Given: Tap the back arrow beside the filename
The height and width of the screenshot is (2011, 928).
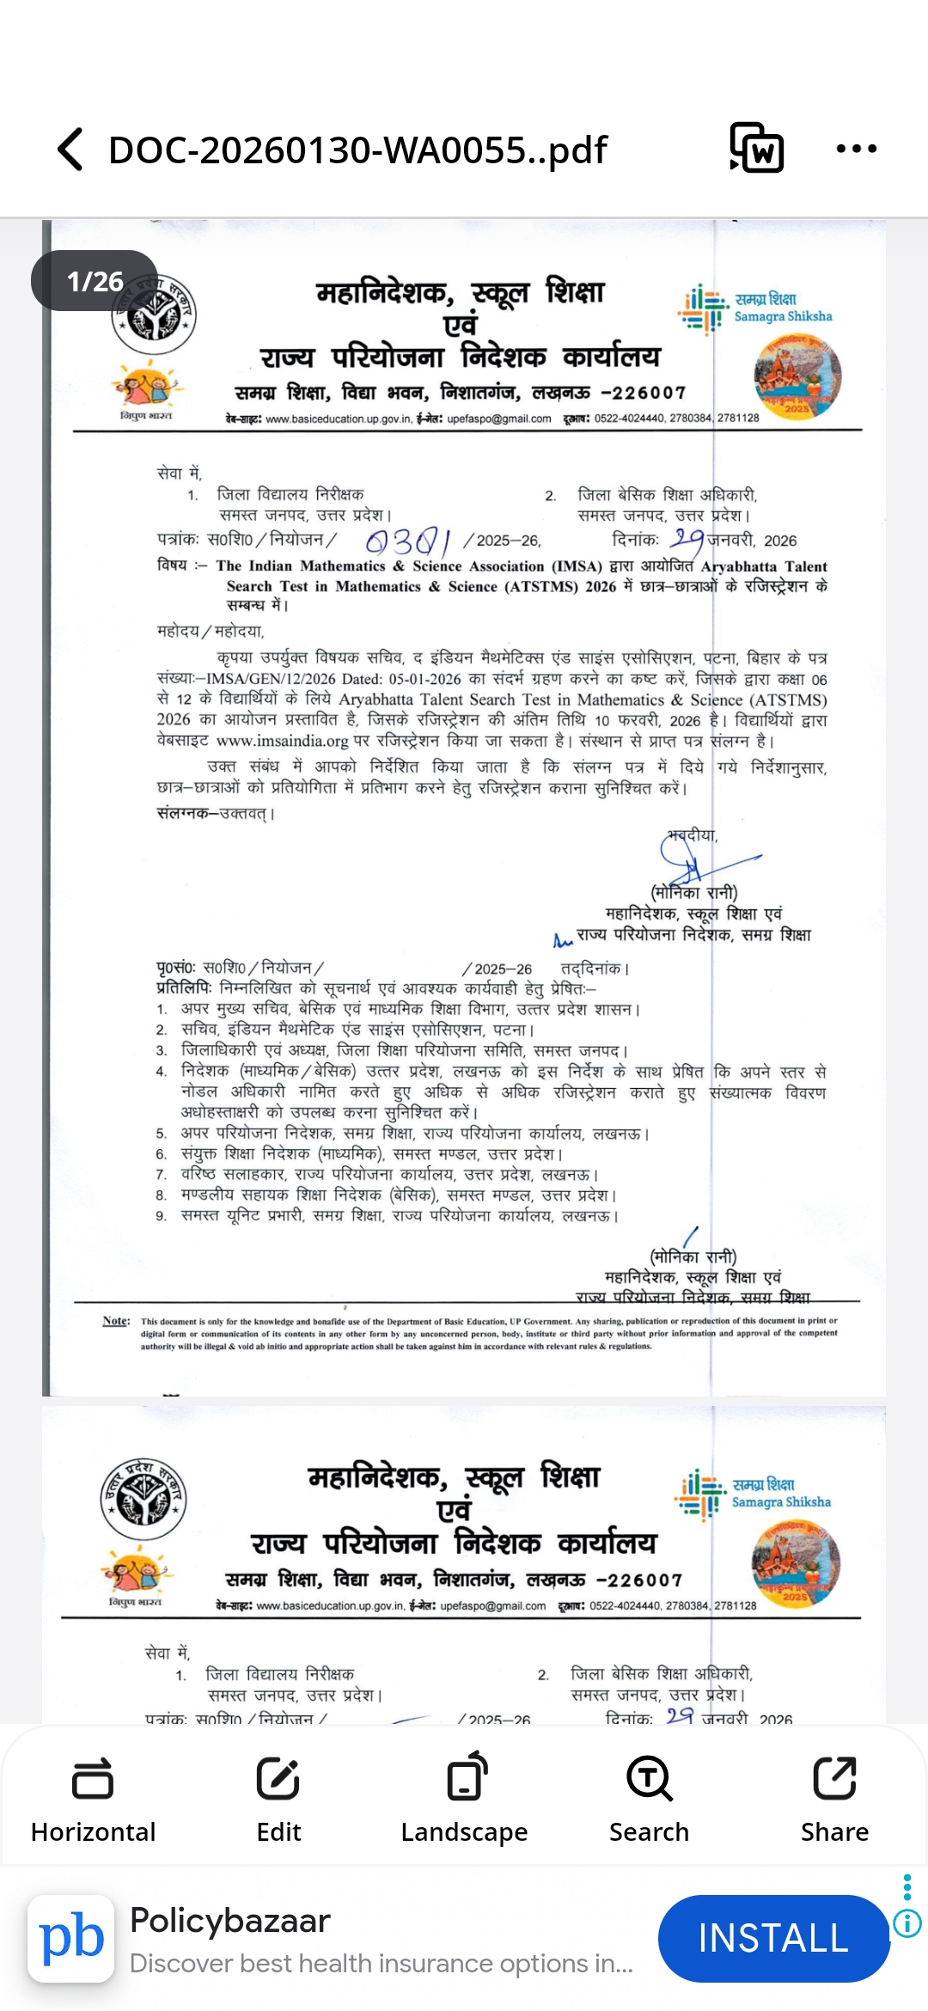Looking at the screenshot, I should tap(70, 150).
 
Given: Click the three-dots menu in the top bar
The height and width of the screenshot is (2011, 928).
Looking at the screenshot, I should tap(856, 149).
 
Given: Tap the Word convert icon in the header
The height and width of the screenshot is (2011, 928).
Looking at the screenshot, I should tap(756, 148).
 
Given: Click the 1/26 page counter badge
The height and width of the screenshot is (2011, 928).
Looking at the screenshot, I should tap(95, 281).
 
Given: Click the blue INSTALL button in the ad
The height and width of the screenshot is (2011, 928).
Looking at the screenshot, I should tap(772, 1938).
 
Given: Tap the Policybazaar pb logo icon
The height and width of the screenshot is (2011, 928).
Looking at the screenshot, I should tap(71, 1938).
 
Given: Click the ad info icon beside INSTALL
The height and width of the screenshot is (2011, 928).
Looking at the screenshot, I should tap(907, 1923).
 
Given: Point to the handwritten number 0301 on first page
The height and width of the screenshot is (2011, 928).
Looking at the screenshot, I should tap(408, 541).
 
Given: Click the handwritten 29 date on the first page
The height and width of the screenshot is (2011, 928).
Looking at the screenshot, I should tap(687, 539).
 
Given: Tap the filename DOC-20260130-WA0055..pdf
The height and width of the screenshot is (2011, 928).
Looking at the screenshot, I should tap(357, 150).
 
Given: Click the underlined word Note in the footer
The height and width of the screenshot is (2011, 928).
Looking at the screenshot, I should tap(116, 1321).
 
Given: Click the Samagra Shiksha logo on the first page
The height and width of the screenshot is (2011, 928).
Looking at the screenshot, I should tap(756, 309).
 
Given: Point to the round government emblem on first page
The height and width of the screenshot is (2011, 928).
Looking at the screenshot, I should tap(154, 315).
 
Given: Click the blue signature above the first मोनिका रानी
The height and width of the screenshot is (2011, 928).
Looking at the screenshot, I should tap(696, 859).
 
